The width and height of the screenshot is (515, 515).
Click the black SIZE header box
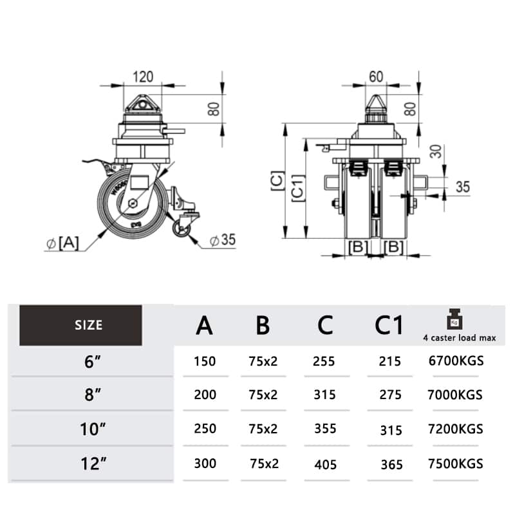(x=81, y=325)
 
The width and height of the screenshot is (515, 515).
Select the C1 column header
(x=389, y=326)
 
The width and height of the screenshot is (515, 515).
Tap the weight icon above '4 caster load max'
(x=455, y=319)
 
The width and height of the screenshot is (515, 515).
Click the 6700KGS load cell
(x=456, y=360)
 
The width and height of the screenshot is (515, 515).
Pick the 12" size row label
(x=93, y=464)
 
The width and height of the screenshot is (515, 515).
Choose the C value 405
(x=326, y=464)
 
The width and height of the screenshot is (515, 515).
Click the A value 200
(x=205, y=395)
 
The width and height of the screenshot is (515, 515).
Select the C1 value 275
(x=390, y=395)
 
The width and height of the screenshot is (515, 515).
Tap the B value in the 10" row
(x=263, y=429)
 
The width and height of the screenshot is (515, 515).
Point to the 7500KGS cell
(x=456, y=464)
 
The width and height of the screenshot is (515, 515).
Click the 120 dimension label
(x=143, y=77)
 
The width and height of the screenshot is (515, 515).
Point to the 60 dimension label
(x=376, y=77)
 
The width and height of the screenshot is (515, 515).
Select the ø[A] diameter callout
(x=62, y=243)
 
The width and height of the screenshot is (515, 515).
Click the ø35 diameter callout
(x=223, y=239)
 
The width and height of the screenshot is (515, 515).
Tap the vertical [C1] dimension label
(x=299, y=188)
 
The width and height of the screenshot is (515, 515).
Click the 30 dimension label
(x=436, y=151)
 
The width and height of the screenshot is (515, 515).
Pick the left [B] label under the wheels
(x=357, y=247)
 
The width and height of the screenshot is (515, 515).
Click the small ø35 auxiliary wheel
(x=181, y=228)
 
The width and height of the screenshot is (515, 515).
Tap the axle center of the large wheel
(x=133, y=203)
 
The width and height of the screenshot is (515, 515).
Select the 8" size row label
(x=93, y=395)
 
